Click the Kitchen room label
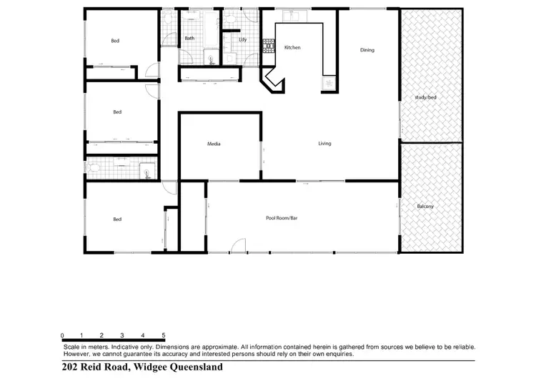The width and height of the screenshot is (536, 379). tap(292, 48)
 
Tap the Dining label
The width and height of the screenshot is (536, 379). tap(367, 50)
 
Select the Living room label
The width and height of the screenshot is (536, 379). tap(324, 144)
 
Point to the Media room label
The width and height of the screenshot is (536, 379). tap(214, 144)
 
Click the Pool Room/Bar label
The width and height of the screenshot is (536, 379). tap(281, 217)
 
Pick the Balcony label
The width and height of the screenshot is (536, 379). tap(425, 207)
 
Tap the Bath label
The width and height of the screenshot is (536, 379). tap(189, 38)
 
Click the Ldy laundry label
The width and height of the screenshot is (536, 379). tap(243, 39)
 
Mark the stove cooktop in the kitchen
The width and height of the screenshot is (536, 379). tap(269, 46)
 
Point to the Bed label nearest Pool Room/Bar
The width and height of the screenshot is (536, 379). tap(117, 219)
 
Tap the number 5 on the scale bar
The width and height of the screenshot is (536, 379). tap(164, 335)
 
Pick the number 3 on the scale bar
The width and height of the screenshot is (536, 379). tap(123, 335)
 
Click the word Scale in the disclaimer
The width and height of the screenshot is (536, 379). tap(72, 346)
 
